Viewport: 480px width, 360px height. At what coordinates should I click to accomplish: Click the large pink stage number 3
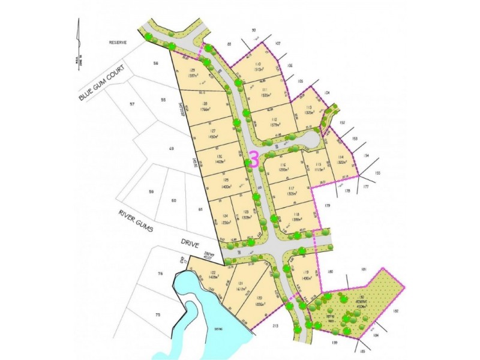pos(254,160)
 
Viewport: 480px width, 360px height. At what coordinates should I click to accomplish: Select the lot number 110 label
pos(258,64)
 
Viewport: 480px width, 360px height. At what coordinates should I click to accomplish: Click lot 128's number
pos(205,104)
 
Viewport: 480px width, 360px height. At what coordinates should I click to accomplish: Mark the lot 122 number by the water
pos(196,273)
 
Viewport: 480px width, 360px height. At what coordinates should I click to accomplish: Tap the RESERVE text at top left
pos(115,43)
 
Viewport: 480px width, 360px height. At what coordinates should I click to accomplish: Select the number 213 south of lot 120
pos(275,326)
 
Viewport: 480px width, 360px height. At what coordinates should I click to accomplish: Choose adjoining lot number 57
pos(133,104)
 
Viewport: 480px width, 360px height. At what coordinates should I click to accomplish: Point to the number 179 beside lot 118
pos(328,206)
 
